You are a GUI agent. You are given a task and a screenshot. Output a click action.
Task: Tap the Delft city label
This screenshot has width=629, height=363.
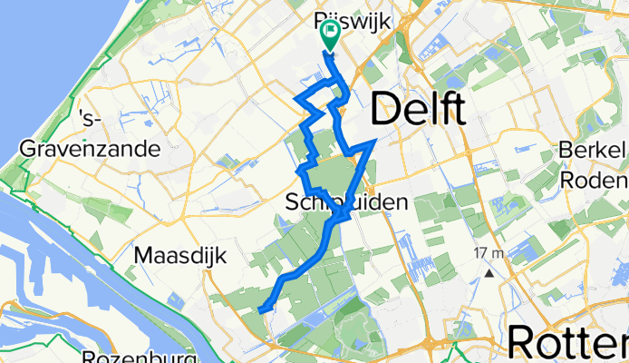[418, 110]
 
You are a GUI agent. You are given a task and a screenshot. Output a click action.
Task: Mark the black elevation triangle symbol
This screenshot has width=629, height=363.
[489, 271]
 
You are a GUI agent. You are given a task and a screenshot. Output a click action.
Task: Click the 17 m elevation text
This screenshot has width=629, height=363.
[488, 252]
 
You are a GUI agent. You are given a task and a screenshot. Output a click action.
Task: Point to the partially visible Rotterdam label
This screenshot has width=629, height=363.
[567, 343]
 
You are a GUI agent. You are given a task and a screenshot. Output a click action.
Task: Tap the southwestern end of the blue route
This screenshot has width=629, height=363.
[261, 310]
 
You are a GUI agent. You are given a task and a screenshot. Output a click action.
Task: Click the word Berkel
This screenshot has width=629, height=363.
[595, 150]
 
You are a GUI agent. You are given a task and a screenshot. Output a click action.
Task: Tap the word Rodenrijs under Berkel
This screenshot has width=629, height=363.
[595, 180]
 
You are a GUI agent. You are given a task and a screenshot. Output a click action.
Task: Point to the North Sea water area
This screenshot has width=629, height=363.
[54, 54]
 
